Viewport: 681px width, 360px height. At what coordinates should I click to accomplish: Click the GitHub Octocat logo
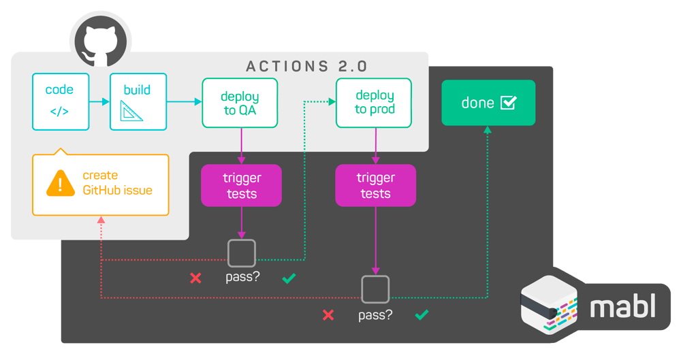(x=100, y=42)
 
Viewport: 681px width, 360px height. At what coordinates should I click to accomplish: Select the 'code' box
(x=61, y=101)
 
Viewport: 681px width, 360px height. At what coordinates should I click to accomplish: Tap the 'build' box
(x=138, y=101)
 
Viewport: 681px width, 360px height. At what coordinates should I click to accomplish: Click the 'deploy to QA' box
(x=240, y=103)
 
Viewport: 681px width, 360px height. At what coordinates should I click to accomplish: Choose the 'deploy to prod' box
(x=374, y=103)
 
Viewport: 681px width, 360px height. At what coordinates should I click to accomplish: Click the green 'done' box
(x=488, y=103)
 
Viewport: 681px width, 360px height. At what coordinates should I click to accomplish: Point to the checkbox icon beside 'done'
(x=509, y=103)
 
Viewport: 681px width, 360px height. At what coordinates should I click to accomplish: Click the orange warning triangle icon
(x=61, y=183)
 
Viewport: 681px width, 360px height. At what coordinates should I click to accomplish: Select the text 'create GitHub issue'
(x=117, y=183)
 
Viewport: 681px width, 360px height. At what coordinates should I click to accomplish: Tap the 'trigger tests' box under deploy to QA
(x=242, y=185)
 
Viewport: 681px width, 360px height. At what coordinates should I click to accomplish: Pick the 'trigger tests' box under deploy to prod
(x=376, y=185)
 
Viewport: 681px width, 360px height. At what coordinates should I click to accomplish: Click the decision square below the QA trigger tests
(x=242, y=241)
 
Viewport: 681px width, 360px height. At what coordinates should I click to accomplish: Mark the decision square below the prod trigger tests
(x=375, y=277)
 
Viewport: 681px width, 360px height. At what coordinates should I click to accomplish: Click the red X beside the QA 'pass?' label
(x=196, y=278)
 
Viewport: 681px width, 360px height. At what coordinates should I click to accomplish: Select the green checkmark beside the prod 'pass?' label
(x=422, y=314)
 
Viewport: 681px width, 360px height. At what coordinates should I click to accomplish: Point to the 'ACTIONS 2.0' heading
(x=307, y=67)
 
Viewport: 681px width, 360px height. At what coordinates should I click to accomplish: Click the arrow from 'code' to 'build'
(x=99, y=101)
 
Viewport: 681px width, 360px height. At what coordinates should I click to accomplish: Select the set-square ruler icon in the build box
(x=131, y=111)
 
